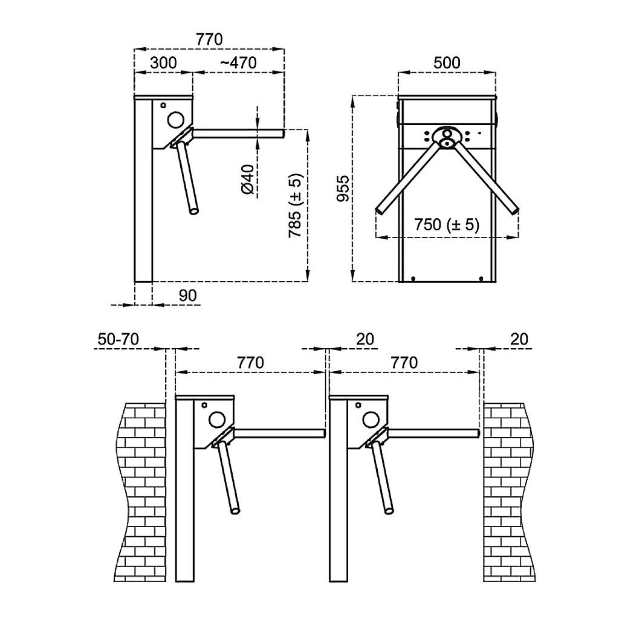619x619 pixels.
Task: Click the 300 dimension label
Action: [163, 63]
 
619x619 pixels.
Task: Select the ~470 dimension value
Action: [238, 63]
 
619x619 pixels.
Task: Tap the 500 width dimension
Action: [447, 63]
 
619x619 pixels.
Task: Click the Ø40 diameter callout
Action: [247, 180]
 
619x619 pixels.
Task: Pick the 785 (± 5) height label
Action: [294, 207]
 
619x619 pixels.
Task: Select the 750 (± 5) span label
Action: [447, 225]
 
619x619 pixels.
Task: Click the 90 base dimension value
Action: [188, 296]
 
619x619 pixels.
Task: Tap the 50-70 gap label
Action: [118, 339]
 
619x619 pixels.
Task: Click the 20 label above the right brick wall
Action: [519, 339]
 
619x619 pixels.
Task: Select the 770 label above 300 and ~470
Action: [209, 39]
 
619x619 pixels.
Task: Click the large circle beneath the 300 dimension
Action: [176, 118]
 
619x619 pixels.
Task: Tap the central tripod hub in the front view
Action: [447, 137]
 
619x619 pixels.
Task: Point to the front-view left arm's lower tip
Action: [380, 210]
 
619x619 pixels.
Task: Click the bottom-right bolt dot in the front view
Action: [481, 278]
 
